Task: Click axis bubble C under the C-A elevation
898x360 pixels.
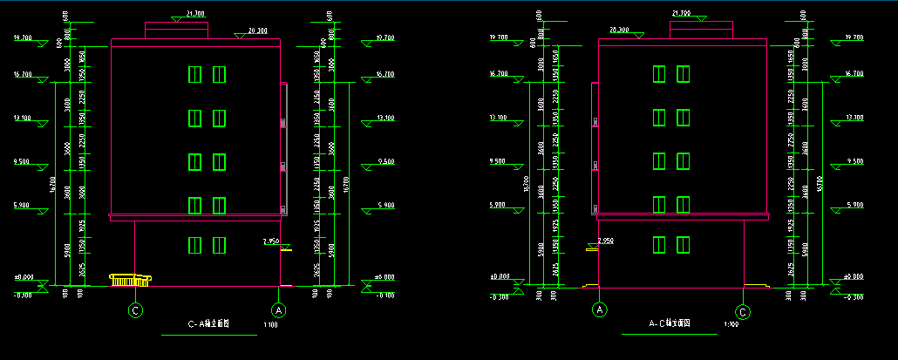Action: tap(135, 309)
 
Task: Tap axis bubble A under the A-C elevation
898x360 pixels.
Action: tap(600, 309)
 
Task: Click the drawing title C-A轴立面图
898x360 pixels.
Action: tap(209, 323)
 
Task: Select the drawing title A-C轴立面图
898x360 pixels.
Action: tap(669, 323)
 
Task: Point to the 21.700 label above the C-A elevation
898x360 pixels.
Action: tap(195, 14)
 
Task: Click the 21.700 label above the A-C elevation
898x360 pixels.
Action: tap(681, 13)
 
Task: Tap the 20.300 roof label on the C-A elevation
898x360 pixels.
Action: tap(257, 31)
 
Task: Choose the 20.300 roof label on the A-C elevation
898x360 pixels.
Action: tap(619, 30)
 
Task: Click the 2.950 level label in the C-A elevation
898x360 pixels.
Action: tap(270, 241)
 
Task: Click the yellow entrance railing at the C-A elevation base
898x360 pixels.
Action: tap(130, 279)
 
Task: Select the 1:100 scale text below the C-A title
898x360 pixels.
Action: tap(270, 326)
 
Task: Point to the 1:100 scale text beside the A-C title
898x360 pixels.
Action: tap(731, 325)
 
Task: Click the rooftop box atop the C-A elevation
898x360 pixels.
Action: tap(176, 31)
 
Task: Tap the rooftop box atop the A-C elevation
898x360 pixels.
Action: tap(701, 30)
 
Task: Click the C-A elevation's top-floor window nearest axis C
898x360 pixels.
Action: tap(195, 75)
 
